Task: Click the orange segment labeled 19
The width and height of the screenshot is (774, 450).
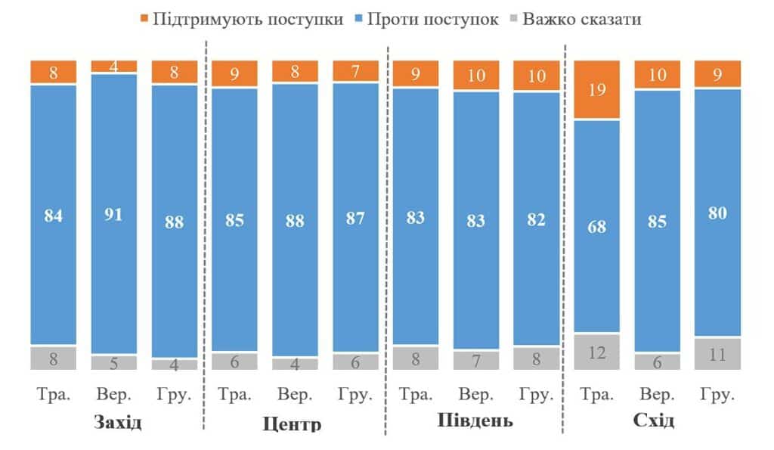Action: coord(597,89)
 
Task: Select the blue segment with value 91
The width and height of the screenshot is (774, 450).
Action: coord(113,213)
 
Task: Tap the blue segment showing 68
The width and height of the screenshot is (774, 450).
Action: coord(597,225)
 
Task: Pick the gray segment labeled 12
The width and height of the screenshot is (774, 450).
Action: coord(597,352)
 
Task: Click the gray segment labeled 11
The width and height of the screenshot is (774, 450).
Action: coord(718,353)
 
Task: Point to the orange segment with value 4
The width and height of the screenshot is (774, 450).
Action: coord(113,66)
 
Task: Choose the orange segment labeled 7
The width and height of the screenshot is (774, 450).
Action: coord(355,71)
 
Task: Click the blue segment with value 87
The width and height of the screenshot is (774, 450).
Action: coord(355,218)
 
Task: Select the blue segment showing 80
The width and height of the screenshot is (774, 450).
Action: coord(718,213)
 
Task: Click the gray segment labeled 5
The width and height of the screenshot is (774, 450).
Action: coord(113,362)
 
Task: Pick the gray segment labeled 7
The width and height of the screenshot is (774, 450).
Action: coord(476,360)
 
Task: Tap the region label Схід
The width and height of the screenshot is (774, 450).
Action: coord(654,421)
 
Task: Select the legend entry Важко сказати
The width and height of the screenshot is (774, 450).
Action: coord(578,19)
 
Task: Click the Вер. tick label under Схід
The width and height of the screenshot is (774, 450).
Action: coord(658,396)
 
